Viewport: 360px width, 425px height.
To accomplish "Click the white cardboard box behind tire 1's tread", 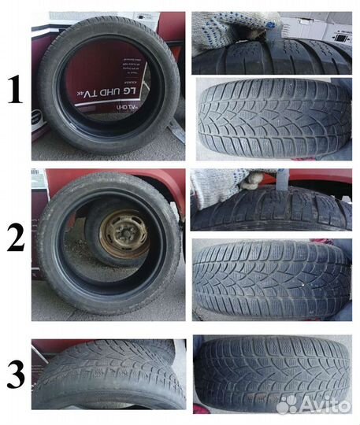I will [x=315, y=28].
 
